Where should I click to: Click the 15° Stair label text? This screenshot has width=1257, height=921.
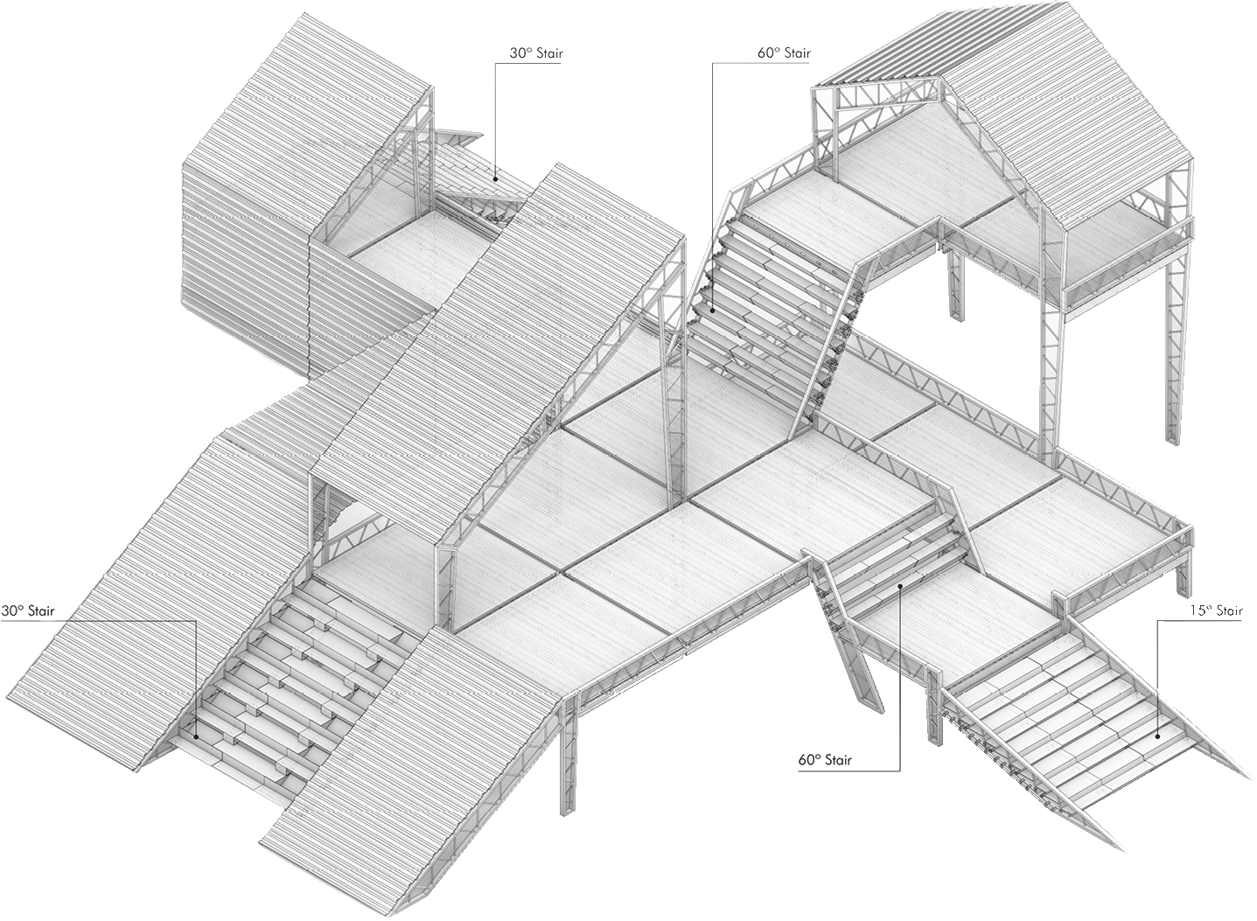tap(1216, 611)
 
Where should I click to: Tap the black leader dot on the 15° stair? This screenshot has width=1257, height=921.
tap(1157, 737)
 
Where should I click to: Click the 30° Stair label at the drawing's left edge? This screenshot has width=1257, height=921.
tap(27, 611)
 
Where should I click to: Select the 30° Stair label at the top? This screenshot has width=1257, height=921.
tap(535, 53)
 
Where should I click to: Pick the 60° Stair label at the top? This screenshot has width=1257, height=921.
tap(784, 53)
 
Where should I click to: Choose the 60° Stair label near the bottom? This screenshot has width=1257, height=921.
tap(825, 760)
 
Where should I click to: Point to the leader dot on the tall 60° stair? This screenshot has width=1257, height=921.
tap(713, 310)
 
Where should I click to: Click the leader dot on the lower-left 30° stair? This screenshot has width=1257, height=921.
tap(196, 737)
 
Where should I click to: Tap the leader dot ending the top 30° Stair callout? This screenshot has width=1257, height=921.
tap(495, 179)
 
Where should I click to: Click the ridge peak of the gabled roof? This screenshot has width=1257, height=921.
tap(941, 79)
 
